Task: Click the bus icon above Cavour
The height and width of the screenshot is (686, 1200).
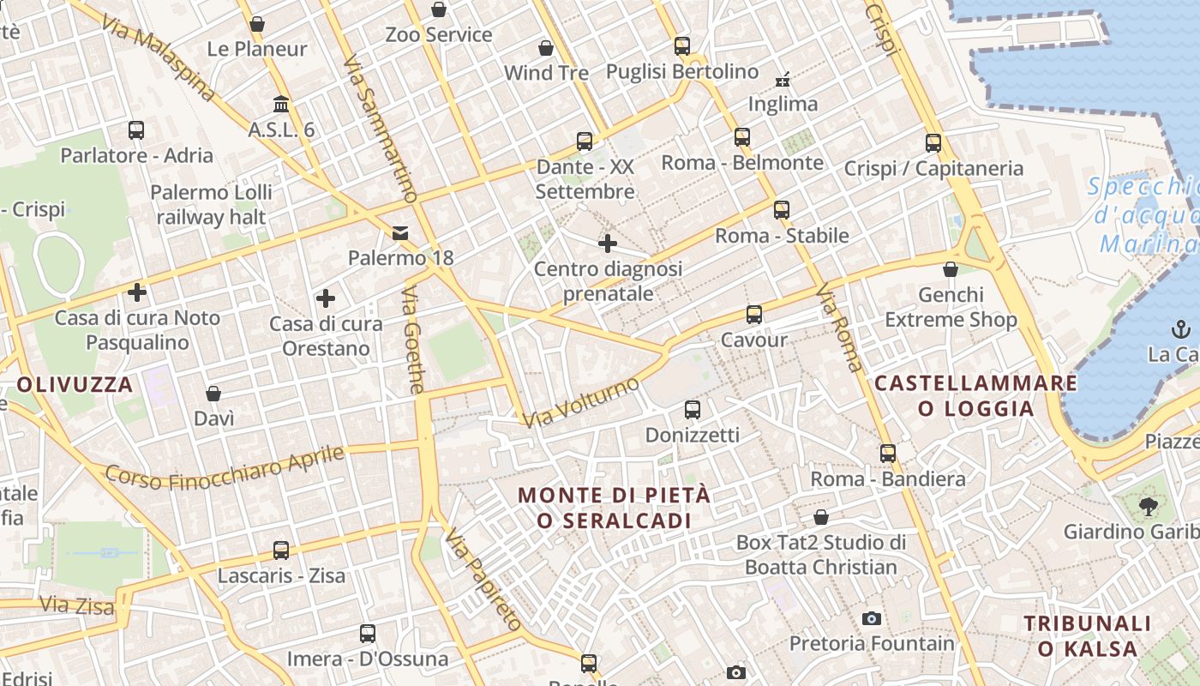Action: pos(754,315)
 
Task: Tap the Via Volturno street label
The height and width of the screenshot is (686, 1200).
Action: pos(582,401)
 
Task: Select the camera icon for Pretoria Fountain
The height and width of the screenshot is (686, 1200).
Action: pos(872,618)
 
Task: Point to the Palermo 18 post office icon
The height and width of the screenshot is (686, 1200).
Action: pos(400,232)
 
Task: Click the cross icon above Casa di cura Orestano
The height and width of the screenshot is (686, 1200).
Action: pos(326,298)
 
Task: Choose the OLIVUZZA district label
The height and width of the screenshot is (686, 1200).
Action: pos(75,384)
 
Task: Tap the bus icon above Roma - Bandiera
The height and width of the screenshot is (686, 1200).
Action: pos(888,453)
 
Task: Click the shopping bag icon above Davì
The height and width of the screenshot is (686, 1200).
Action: pos(213,394)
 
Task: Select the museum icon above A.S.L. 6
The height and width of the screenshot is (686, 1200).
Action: pos(280,105)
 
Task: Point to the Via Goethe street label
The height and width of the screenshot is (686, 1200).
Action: pos(412,340)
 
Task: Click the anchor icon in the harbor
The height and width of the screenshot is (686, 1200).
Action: pos(1181,328)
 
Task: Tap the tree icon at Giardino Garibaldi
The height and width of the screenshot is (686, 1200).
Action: pos(1149,506)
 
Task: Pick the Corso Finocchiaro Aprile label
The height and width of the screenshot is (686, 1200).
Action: pos(225,468)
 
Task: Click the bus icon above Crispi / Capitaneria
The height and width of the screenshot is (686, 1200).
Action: pos(933,143)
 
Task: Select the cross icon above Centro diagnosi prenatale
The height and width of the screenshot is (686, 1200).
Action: pos(608,244)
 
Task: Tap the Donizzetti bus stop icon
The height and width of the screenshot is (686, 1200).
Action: pos(693,410)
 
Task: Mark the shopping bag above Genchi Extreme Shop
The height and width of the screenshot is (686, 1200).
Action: pos(951,269)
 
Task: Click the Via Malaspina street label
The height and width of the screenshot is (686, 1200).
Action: pos(158,57)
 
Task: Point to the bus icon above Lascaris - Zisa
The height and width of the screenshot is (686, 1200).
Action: pos(281,550)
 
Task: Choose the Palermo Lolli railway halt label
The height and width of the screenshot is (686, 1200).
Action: pos(212,204)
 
